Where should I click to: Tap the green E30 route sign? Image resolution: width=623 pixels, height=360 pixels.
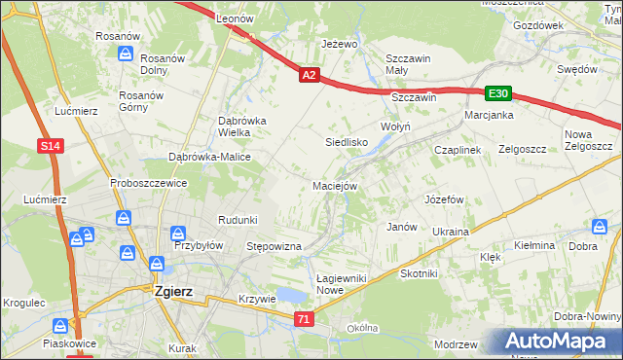click(x=497, y=92)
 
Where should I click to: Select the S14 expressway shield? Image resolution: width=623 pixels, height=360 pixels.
click(x=52, y=146)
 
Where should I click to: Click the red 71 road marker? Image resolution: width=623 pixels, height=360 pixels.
click(x=305, y=319)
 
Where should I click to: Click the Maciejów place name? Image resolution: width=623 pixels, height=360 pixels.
click(x=335, y=185)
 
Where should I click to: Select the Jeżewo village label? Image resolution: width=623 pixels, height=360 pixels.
click(x=340, y=45)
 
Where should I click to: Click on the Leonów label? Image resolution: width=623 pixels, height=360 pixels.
click(x=235, y=18)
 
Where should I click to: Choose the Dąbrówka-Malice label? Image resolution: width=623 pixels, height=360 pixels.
click(x=210, y=157)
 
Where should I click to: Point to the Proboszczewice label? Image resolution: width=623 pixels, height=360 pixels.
click(x=148, y=182)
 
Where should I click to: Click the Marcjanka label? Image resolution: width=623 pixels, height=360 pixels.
click(x=489, y=115)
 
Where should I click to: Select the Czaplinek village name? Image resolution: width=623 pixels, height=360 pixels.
click(x=458, y=150)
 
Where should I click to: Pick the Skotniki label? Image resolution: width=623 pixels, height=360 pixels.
click(x=419, y=274)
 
